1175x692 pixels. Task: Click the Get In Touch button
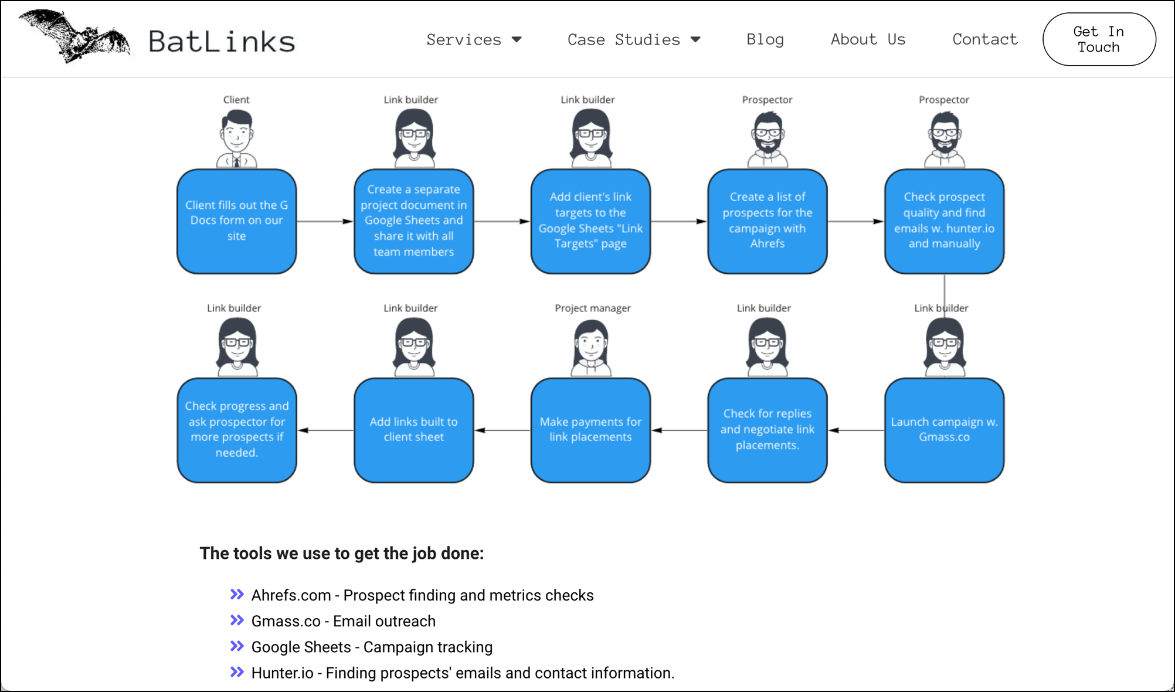click(1099, 39)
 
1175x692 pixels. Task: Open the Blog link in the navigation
click(765, 39)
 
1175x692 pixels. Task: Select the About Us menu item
click(868, 39)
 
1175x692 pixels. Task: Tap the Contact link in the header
click(985, 39)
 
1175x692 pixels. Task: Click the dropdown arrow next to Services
click(517, 40)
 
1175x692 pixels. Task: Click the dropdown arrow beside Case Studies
click(695, 40)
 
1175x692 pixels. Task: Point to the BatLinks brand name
click(222, 41)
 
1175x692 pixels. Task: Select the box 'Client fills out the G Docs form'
click(237, 221)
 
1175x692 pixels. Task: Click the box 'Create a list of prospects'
click(768, 221)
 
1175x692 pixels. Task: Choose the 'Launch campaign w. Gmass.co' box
click(945, 430)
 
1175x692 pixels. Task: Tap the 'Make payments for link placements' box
click(590, 430)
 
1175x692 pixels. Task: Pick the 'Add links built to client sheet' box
click(414, 430)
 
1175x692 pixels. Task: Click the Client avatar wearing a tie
click(237, 139)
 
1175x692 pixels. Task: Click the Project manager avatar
click(591, 348)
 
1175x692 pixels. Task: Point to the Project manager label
click(593, 308)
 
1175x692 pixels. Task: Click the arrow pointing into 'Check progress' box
click(325, 430)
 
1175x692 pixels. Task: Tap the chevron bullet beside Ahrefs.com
click(237, 595)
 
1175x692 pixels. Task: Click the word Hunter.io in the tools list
click(282, 673)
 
